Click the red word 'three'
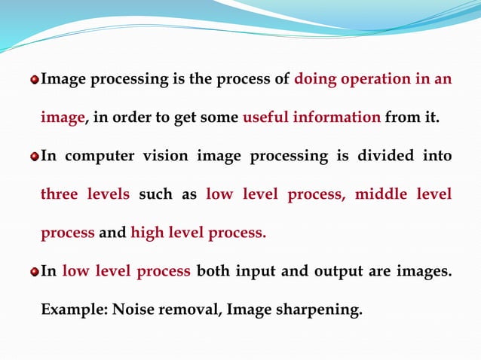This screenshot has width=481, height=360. [60, 194]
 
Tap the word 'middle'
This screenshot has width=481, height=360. [381, 194]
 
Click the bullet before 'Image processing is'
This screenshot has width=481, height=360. [34, 80]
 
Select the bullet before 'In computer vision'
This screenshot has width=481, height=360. [34, 157]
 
